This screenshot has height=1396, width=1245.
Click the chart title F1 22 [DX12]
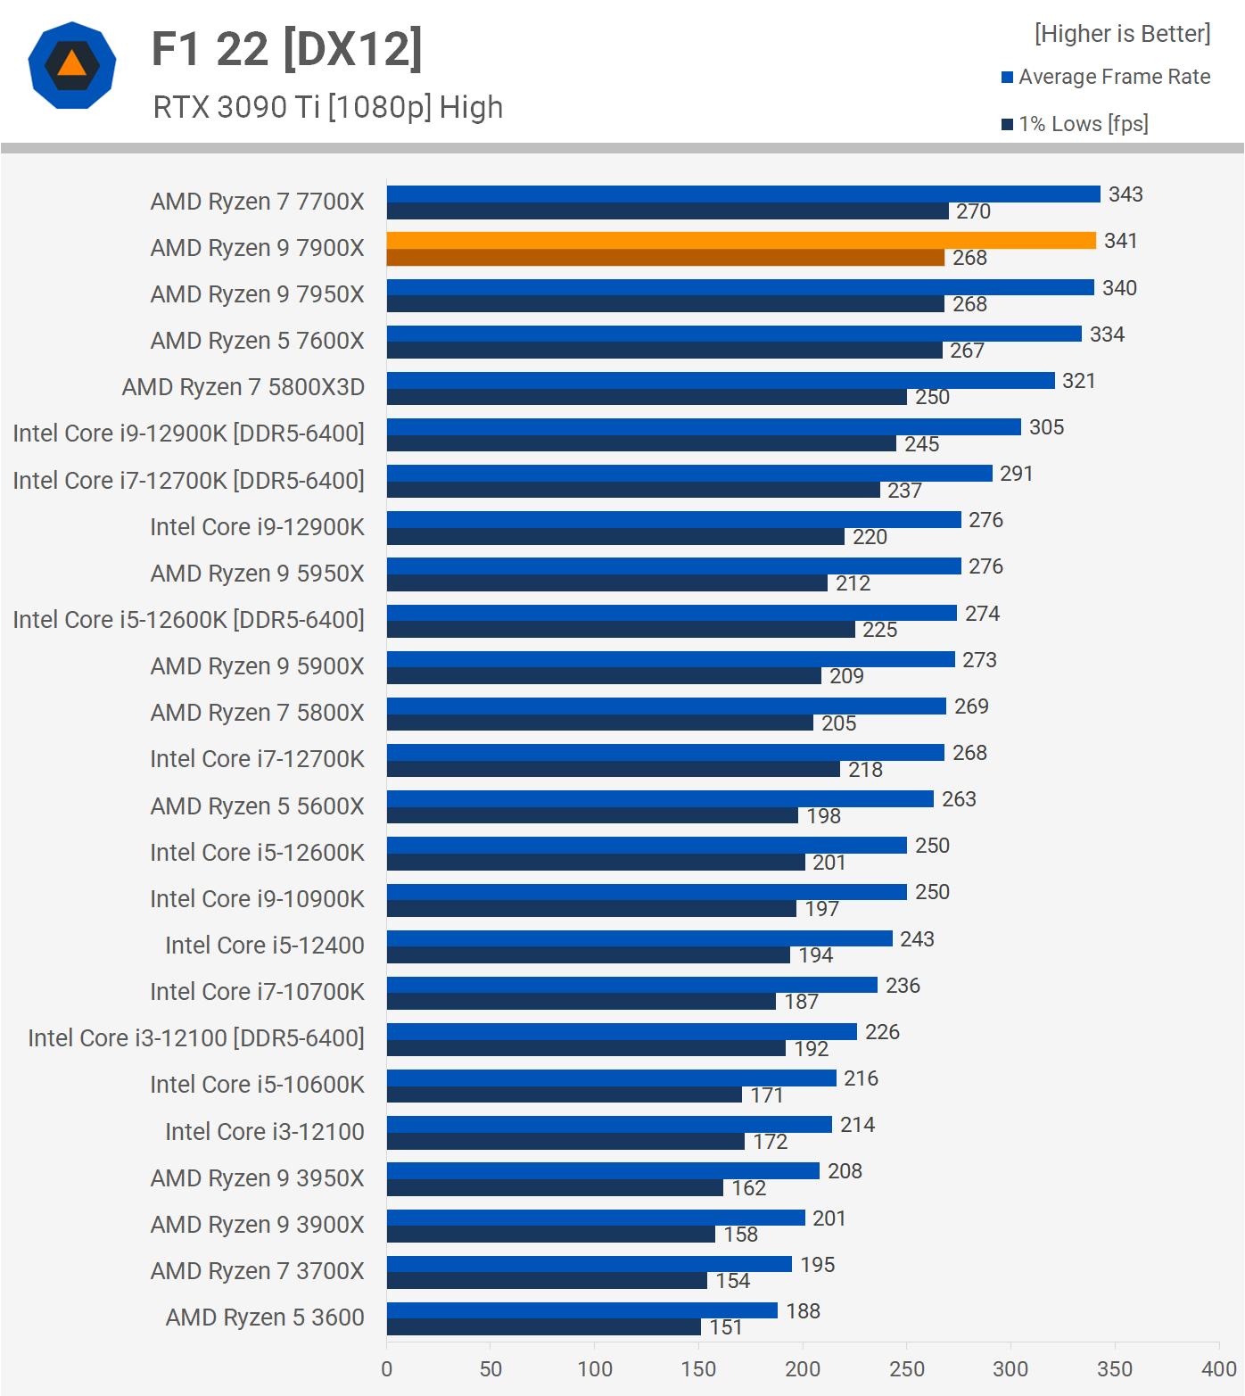286,49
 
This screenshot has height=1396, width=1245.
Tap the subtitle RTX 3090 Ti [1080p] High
327,107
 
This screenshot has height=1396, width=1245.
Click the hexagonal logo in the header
72,65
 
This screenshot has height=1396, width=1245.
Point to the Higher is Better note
1122,34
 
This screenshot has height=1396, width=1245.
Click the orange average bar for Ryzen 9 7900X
740,241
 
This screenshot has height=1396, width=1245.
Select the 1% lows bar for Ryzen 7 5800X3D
647,397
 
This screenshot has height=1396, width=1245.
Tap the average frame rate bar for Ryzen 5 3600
581,1310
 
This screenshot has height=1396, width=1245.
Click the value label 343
1125,194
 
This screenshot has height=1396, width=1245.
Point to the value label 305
1046,427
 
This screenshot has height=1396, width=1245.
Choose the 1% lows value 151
726,1327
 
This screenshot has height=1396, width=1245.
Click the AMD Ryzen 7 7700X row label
257,202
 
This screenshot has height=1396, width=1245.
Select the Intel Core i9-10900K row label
257,899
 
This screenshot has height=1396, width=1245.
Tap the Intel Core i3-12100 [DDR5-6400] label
196,1038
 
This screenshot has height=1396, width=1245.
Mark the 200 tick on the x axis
803,1369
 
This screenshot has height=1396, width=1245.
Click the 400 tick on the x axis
1218,1369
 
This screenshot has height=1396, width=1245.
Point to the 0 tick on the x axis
386,1369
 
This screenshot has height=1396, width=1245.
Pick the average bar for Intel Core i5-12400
639,938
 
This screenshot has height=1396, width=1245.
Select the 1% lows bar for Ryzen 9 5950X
606,583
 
